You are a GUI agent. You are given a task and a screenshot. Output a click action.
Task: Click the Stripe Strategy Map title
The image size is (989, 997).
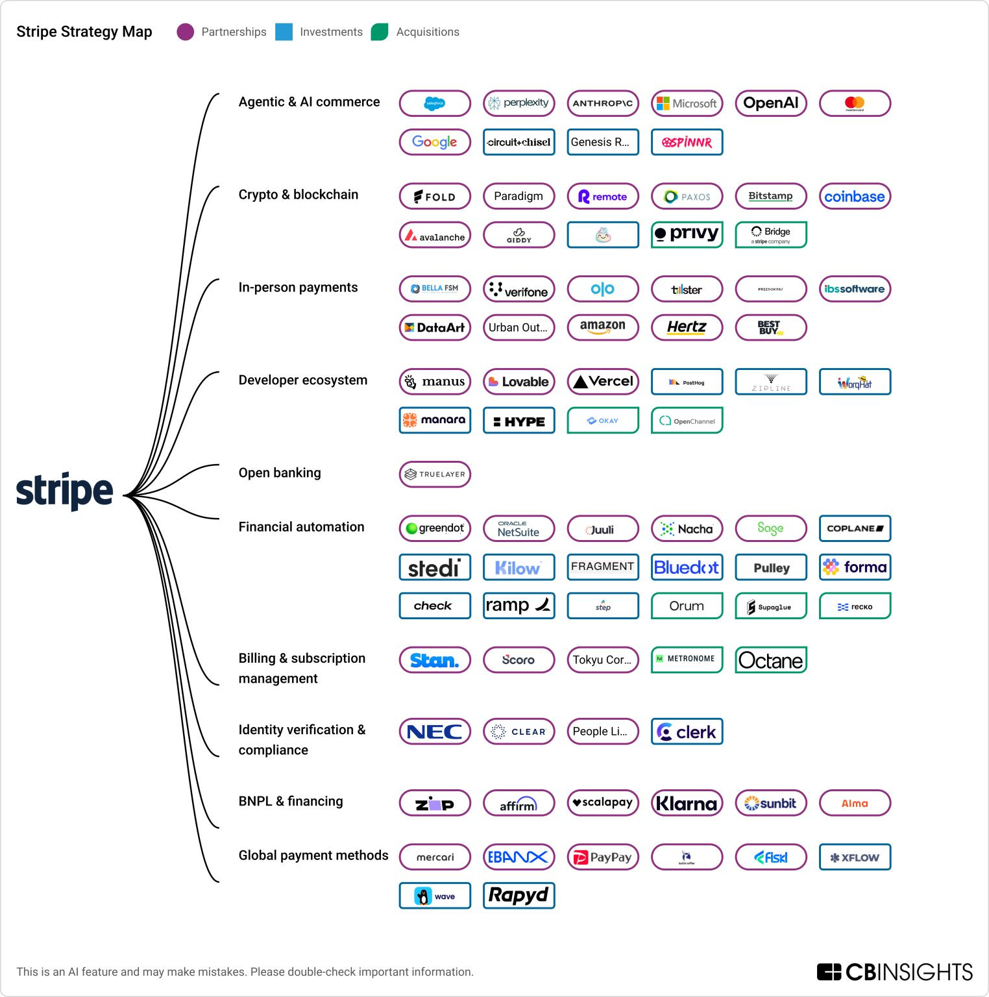(x=84, y=32)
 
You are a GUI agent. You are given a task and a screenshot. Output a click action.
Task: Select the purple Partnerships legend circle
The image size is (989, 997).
(x=186, y=32)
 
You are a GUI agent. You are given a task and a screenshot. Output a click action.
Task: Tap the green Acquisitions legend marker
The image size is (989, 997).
(x=380, y=32)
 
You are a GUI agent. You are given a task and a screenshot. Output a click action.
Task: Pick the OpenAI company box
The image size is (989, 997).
(x=770, y=103)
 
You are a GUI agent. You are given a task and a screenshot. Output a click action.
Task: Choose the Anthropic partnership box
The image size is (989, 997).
(x=602, y=103)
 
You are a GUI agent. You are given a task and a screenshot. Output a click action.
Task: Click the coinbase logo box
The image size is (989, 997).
(x=854, y=196)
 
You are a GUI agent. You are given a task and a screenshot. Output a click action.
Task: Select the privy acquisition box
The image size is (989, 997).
(x=687, y=234)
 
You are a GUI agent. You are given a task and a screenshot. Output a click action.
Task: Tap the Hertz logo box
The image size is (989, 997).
(x=687, y=327)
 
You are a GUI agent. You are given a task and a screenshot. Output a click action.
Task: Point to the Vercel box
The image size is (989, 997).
(x=602, y=382)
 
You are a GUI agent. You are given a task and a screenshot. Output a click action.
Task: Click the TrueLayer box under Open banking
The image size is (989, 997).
(x=435, y=474)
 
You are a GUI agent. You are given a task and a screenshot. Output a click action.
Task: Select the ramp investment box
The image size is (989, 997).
(x=519, y=606)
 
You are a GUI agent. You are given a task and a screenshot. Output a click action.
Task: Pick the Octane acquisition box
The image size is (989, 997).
(x=770, y=660)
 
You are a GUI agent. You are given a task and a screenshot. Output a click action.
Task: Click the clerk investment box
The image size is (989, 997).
(x=687, y=732)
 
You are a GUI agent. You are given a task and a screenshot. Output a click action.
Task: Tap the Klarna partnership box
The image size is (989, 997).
(x=687, y=803)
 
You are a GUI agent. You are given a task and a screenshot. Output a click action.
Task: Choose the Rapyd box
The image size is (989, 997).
(x=519, y=896)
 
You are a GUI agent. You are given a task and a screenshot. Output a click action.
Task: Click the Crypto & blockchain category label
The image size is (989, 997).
(x=298, y=195)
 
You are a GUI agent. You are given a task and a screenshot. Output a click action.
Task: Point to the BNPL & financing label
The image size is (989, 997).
(x=290, y=801)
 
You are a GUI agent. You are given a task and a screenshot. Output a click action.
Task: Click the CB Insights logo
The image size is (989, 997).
(x=894, y=972)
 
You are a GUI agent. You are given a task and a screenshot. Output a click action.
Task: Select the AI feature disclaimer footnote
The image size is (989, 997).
(x=245, y=972)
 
